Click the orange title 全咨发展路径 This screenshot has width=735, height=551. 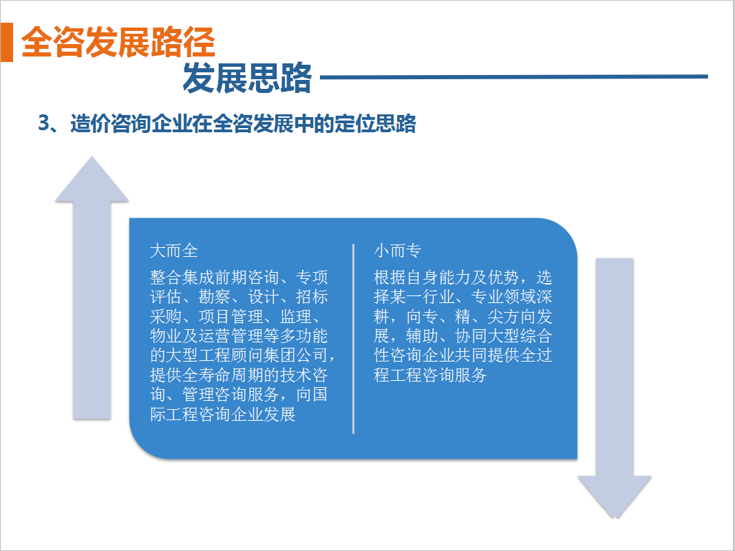[118, 42]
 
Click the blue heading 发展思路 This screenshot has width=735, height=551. [247, 78]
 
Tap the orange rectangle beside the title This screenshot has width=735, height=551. [7, 42]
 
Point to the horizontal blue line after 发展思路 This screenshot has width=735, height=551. [514, 76]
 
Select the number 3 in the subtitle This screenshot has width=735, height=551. [43, 123]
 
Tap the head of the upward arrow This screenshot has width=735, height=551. [92, 180]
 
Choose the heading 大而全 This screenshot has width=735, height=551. [174, 251]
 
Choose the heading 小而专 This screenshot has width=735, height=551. [398, 251]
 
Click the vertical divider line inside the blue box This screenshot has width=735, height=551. [354, 339]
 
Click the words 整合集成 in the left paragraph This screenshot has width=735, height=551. [182, 277]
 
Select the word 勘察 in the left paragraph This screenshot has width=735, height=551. [215, 297]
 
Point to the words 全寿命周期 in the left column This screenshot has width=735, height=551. [223, 375]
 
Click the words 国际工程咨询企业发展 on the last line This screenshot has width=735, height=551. [223, 415]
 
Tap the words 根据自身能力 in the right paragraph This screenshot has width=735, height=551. [422, 277]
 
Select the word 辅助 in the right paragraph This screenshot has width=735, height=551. [422, 336]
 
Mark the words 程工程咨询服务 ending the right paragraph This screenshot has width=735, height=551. [430, 375]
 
